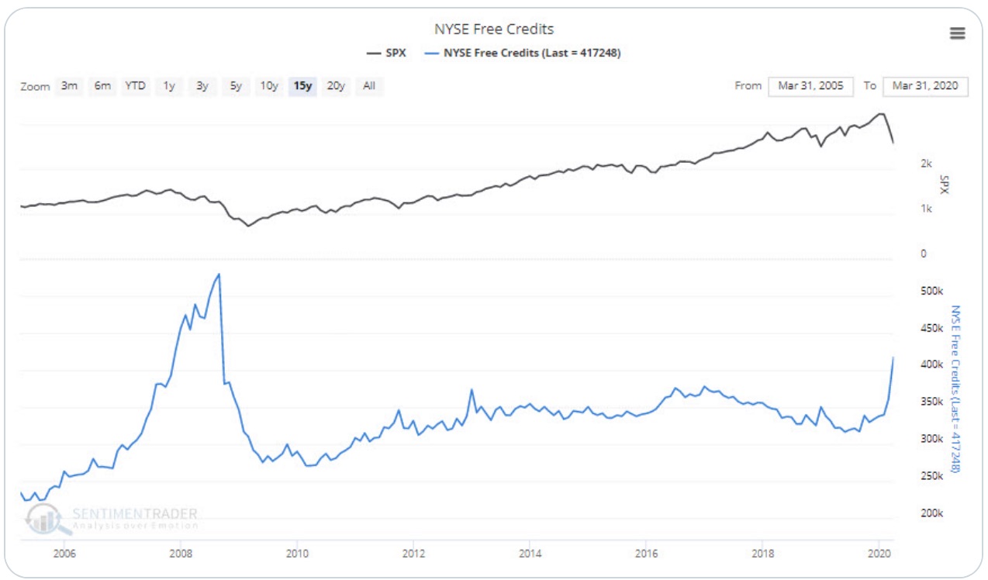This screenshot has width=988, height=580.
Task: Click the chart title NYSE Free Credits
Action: (494, 29)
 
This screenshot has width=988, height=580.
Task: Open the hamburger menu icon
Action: (957, 33)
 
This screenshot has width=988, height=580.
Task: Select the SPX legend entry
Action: (386, 53)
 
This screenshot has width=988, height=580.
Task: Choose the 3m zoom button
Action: (69, 86)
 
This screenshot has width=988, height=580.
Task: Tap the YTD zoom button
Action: (135, 86)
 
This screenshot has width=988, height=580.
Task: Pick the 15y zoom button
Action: (302, 86)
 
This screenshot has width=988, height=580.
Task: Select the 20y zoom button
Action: (336, 86)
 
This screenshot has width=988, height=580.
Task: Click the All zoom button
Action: (369, 86)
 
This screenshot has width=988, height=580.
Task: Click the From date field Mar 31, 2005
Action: (811, 86)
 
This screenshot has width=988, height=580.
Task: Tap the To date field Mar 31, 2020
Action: (925, 86)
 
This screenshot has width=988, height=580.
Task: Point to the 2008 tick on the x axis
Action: (181, 554)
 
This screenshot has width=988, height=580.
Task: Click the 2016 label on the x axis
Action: (646, 554)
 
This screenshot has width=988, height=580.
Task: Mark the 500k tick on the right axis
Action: (931, 291)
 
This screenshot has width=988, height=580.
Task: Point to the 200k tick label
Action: (931, 513)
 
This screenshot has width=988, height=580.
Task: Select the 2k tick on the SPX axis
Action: (925, 164)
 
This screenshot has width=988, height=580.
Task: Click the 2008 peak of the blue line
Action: (219, 274)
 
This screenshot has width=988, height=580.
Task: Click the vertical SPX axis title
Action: (944, 184)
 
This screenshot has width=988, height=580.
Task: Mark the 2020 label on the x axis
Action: (879, 554)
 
